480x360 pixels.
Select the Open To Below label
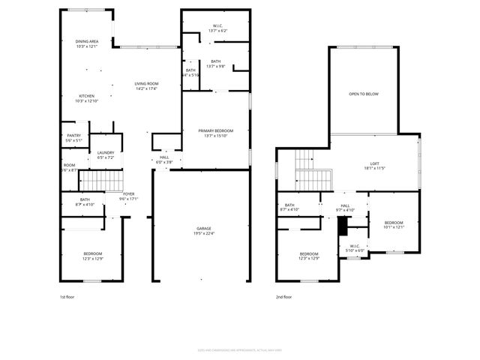pyautogui.click(x=363, y=94)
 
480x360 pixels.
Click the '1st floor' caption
pyautogui.click(x=67, y=297)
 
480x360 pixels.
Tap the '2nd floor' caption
pyautogui.click(x=283, y=297)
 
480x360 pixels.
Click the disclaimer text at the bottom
pyautogui.click(x=240, y=349)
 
